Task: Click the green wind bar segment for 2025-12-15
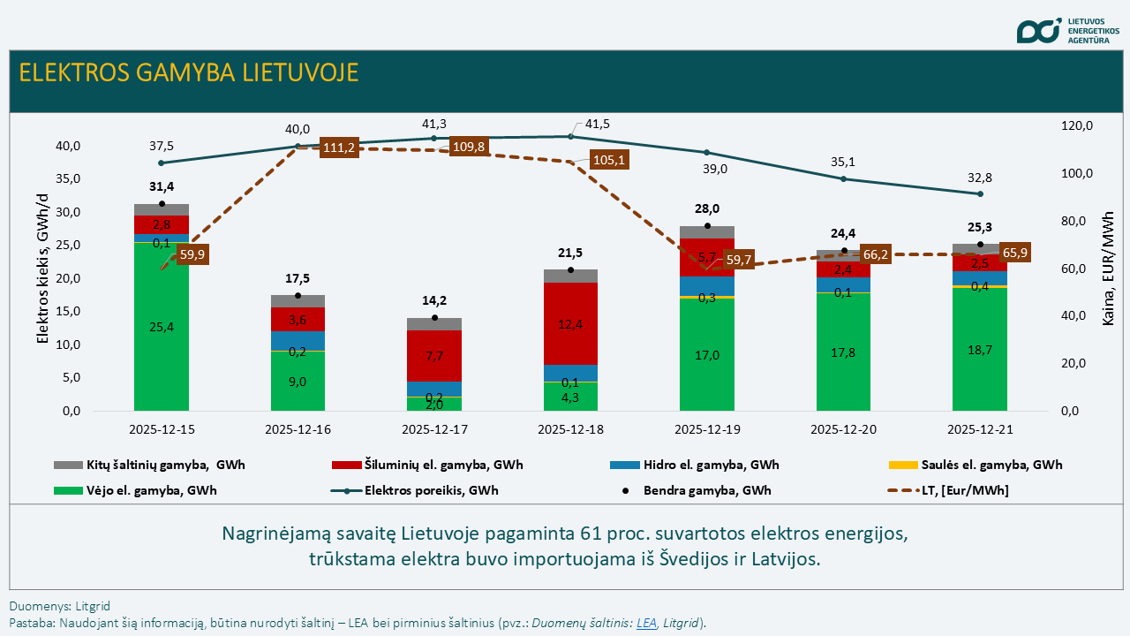coord(162,327)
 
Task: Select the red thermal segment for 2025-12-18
coord(570,323)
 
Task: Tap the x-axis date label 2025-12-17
coord(433,429)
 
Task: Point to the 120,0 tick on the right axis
coord(1077,126)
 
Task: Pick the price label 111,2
coord(338,148)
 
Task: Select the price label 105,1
coord(610,160)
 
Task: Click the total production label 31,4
coord(162,186)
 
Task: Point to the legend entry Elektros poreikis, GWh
coord(431,490)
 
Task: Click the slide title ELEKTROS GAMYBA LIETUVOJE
coord(189,72)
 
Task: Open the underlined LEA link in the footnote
coord(647,623)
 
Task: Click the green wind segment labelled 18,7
coord(980,350)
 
